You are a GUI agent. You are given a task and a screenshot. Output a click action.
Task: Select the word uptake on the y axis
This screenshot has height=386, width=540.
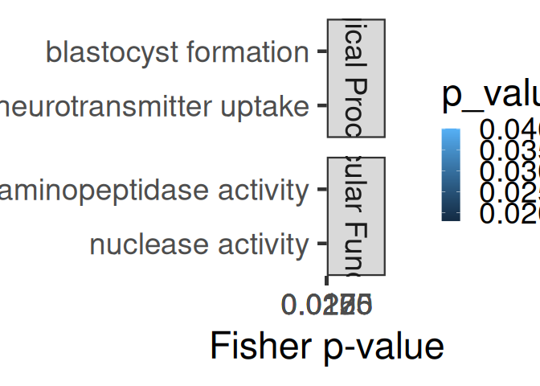pyautogui.click(x=269, y=106)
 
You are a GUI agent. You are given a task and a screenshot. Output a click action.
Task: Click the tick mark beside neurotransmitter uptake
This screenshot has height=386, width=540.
pyautogui.click(x=321, y=105)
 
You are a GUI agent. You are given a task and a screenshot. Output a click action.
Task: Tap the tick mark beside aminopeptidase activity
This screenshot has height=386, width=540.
pyautogui.click(x=321, y=190)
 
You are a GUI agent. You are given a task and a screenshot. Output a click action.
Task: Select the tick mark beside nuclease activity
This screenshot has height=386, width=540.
pyautogui.click(x=321, y=244)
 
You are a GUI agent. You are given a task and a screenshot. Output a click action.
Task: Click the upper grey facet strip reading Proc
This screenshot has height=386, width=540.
pyautogui.click(x=357, y=78)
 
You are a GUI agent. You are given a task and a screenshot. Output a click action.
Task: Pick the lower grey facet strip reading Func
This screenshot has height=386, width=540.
pyautogui.click(x=357, y=216)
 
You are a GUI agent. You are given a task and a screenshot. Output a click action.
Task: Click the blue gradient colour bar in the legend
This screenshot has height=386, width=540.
pyautogui.click(x=451, y=175)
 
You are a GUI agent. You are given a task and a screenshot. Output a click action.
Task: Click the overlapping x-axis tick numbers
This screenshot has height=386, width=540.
pyautogui.click(x=326, y=305)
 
